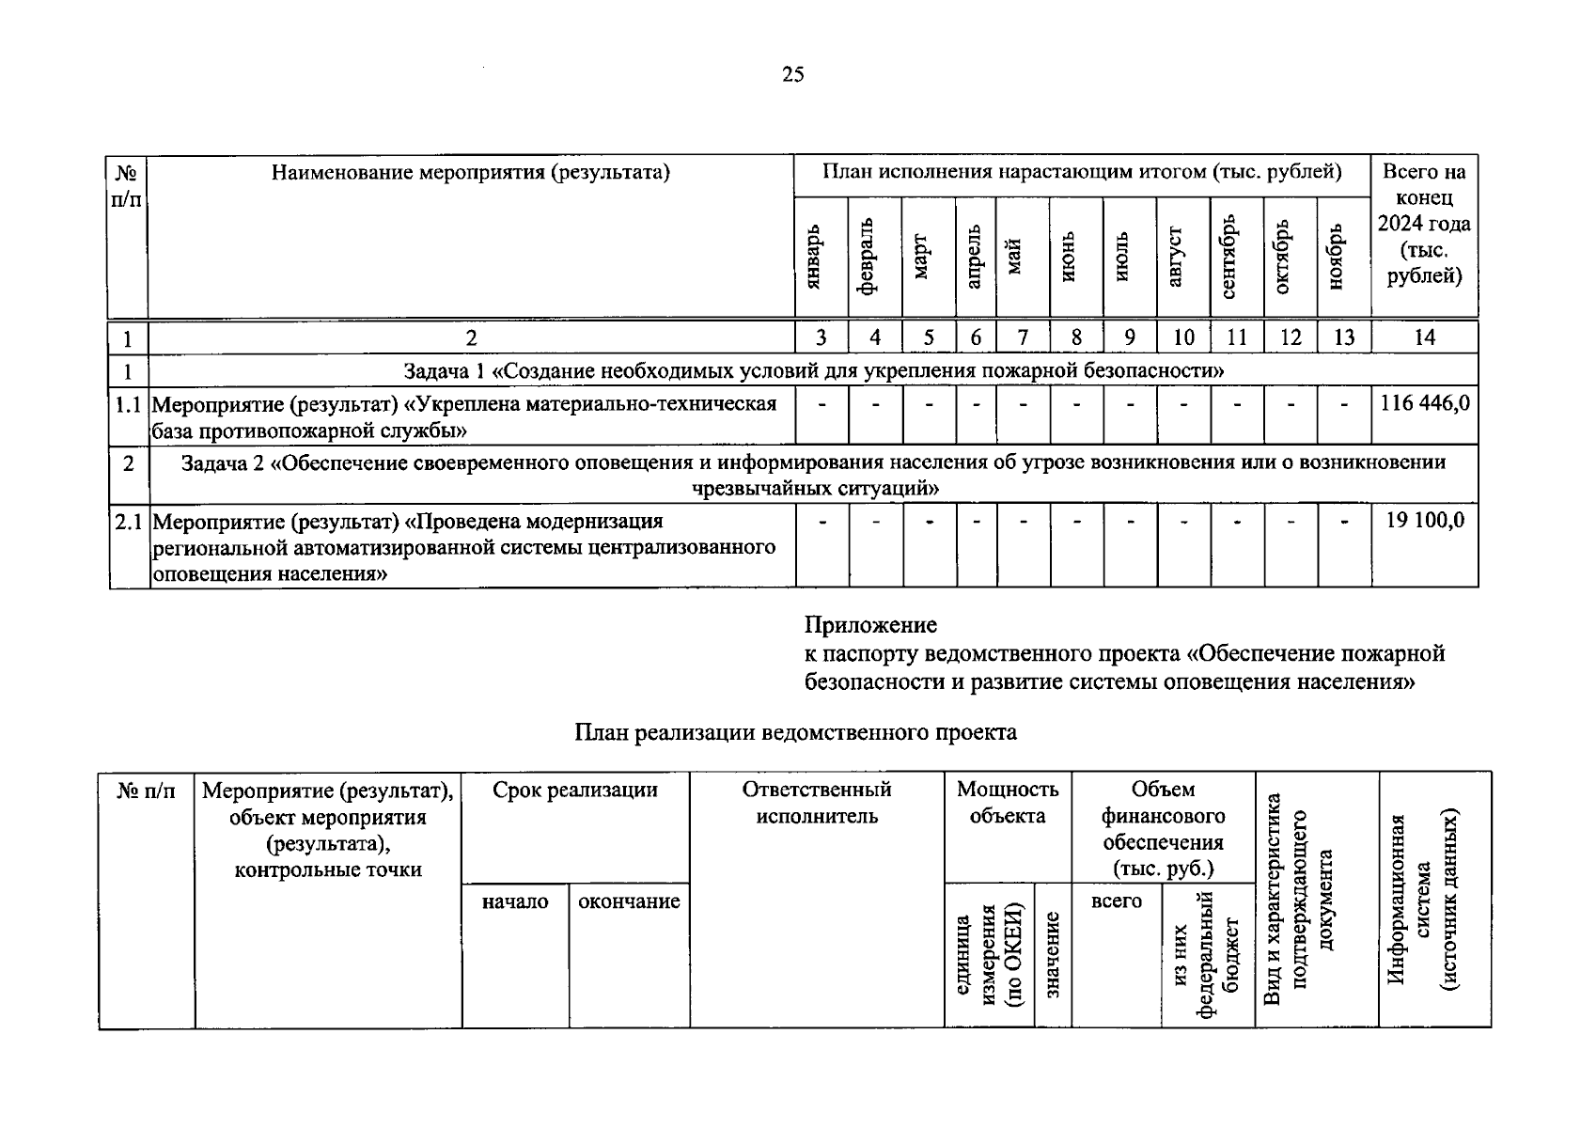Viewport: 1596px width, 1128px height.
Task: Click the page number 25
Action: pyautogui.click(x=792, y=75)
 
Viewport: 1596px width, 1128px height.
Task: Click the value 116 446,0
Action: pyautogui.click(x=1424, y=404)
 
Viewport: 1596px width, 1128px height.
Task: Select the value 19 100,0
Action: pyautogui.click(x=1425, y=521)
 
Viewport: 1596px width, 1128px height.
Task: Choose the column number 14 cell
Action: pyautogui.click(x=1424, y=337)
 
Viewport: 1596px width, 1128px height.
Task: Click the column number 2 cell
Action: pyautogui.click(x=472, y=337)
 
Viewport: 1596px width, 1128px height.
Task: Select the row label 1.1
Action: pyautogui.click(x=128, y=404)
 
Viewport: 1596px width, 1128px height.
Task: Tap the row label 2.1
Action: pyautogui.click(x=129, y=521)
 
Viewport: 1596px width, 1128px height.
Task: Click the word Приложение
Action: pyautogui.click(x=870, y=625)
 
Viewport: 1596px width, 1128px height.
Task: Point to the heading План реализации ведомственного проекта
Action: pyautogui.click(x=795, y=732)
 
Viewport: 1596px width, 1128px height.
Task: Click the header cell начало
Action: pyautogui.click(x=514, y=901)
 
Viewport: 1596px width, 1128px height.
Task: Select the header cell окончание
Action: pyautogui.click(x=629, y=901)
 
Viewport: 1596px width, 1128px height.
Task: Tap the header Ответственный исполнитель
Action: pyautogui.click(x=817, y=803)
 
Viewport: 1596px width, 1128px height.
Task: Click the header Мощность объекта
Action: pyautogui.click(x=1007, y=803)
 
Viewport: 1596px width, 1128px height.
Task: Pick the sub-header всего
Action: pyautogui.click(x=1117, y=901)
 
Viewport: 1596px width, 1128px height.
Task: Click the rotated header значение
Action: pyautogui.click(x=1052, y=956)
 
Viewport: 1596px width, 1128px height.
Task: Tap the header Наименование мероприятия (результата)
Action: pyautogui.click(x=471, y=172)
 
